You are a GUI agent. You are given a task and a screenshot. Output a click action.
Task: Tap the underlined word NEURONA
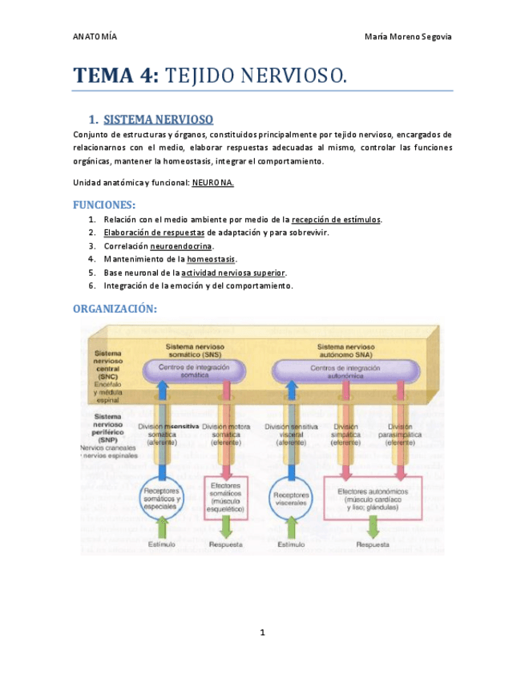[212, 182]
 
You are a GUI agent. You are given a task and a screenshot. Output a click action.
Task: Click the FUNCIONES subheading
[104, 204]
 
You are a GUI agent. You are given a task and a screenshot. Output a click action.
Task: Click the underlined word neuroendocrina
[182, 246]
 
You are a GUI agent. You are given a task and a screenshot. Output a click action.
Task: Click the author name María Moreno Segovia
[408, 37]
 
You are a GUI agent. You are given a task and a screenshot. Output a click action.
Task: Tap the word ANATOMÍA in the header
[95, 37]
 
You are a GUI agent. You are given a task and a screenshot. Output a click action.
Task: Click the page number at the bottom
[262, 633]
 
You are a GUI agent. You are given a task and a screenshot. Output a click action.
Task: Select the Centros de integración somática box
[195, 370]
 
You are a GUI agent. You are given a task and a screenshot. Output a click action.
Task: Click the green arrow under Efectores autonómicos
[374, 527]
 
